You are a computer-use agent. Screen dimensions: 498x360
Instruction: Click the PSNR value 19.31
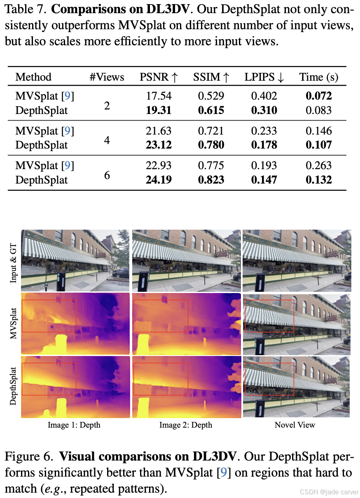click(x=159, y=110)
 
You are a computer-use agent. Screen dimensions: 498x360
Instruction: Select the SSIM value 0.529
click(x=211, y=96)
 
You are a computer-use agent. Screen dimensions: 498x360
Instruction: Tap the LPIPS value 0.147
click(x=264, y=180)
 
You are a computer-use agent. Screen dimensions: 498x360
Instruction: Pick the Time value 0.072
click(x=318, y=96)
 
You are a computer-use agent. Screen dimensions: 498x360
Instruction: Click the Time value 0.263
click(x=318, y=165)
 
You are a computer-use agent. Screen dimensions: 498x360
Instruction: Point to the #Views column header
click(x=107, y=77)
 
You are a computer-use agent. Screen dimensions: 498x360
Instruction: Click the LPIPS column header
click(x=264, y=77)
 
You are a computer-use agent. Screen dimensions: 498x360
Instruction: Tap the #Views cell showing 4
click(x=107, y=140)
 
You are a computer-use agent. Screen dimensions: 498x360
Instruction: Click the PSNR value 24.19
click(x=159, y=180)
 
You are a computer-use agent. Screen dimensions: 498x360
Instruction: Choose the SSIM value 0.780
click(x=211, y=145)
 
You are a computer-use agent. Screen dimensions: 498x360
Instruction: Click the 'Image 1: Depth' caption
click(x=74, y=425)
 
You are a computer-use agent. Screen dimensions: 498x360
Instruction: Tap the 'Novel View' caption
click(x=295, y=425)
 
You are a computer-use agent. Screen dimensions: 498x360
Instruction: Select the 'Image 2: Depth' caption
click(x=186, y=425)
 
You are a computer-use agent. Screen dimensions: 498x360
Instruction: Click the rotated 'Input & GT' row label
click(x=14, y=261)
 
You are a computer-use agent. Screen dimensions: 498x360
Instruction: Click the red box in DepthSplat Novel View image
click(x=269, y=379)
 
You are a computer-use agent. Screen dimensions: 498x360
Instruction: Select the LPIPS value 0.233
click(x=264, y=131)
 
